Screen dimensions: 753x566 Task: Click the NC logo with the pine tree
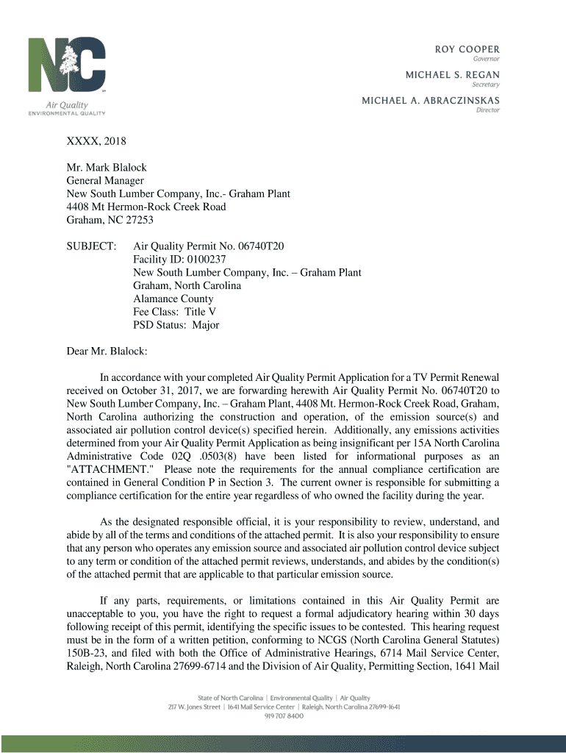tap(67, 67)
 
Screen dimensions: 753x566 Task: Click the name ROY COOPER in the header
tap(466, 49)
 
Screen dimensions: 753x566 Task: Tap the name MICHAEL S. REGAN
tap(453, 75)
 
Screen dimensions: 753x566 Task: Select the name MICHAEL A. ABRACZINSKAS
tap(430, 100)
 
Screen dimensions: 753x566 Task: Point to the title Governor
tap(485, 59)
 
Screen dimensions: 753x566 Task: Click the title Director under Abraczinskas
tap(487, 110)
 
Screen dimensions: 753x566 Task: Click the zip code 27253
tap(139, 220)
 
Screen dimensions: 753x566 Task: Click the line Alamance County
tap(173, 299)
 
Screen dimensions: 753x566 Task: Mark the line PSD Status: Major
tap(176, 325)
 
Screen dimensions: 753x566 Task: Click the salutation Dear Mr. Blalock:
tap(107, 351)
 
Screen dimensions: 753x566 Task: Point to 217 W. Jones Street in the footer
tap(194, 707)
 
